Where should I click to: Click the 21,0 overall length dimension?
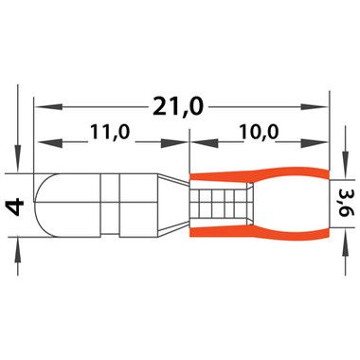177,106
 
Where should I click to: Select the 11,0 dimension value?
110,132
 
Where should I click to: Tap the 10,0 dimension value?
259,132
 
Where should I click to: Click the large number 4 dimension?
15,207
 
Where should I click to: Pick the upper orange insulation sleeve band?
260,175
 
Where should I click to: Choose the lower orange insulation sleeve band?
260,232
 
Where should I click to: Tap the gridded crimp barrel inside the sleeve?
221,202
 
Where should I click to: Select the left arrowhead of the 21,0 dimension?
47,106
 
